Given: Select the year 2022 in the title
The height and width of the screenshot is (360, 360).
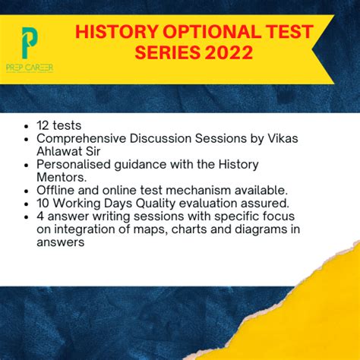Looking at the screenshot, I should [x=227, y=52].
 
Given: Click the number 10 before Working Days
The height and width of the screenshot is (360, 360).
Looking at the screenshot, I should [x=43, y=203].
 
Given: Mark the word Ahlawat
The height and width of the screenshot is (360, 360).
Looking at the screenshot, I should [x=59, y=152].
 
